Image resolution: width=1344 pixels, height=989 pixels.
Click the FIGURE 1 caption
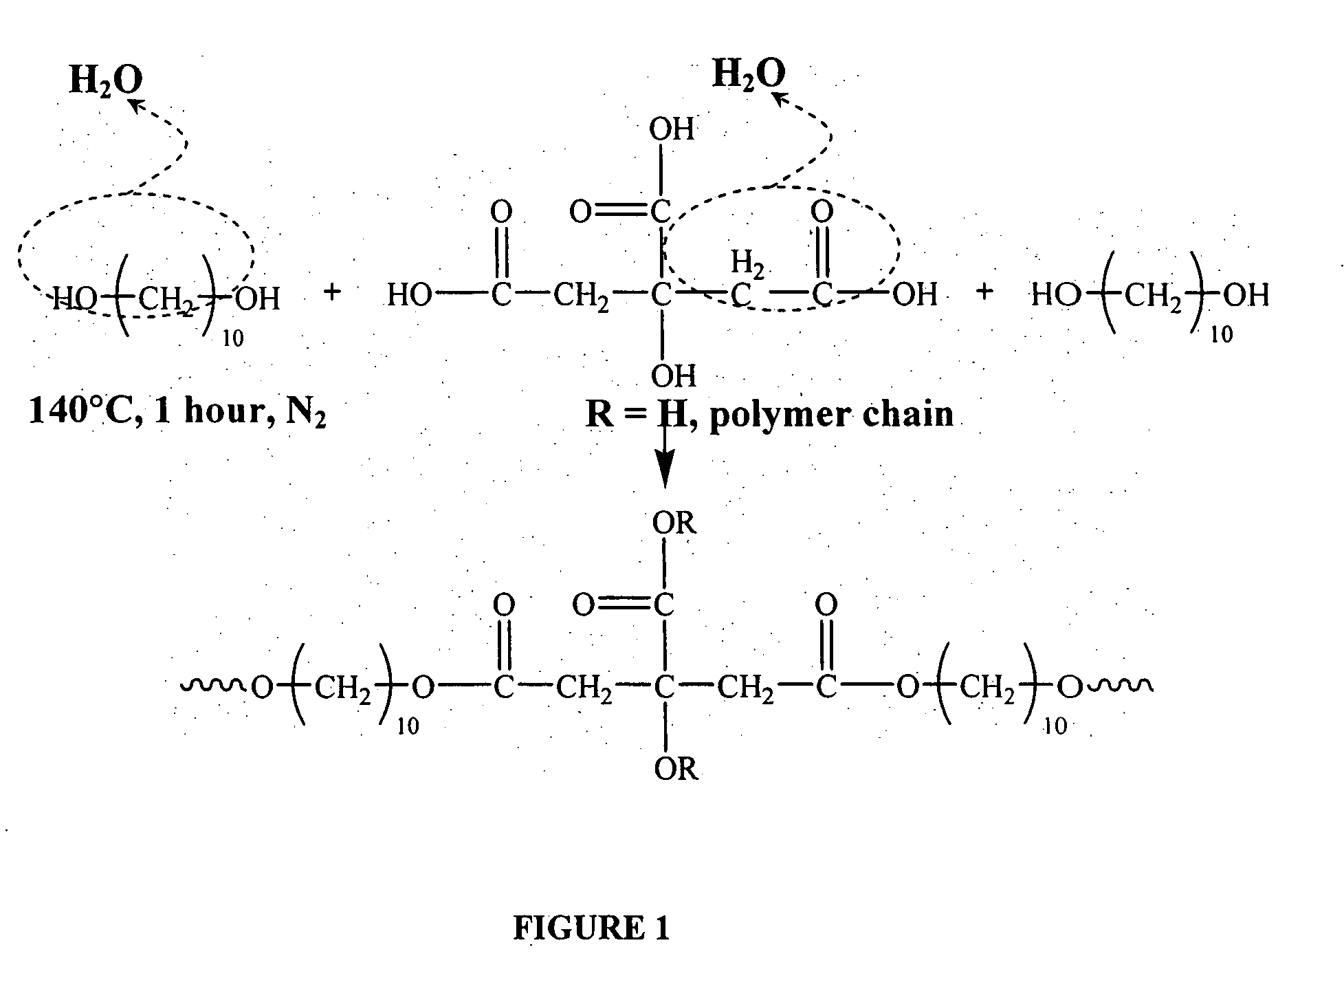(591, 928)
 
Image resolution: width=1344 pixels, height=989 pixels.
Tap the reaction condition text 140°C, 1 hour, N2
(177, 412)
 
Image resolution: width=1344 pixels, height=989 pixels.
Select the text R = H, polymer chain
(769, 415)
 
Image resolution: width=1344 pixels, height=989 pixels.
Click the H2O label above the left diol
(105, 81)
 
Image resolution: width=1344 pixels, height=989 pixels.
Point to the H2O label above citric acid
(749, 74)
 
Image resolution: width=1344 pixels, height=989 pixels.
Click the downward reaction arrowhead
(664, 475)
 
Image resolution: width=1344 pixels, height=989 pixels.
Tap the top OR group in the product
(674, 524)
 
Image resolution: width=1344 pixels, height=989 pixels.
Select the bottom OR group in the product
(676, 769)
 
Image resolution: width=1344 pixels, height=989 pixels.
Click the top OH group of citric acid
(672, 129)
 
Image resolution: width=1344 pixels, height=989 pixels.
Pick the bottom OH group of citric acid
(674, 376)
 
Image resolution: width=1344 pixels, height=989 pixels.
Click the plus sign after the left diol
(332, 292)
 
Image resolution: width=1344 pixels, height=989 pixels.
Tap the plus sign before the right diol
(984, 292)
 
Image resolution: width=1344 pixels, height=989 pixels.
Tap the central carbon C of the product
(663, 686)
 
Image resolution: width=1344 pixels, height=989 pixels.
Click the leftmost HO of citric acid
(409, 296)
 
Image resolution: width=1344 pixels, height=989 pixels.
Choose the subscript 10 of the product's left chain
(408, 726)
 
